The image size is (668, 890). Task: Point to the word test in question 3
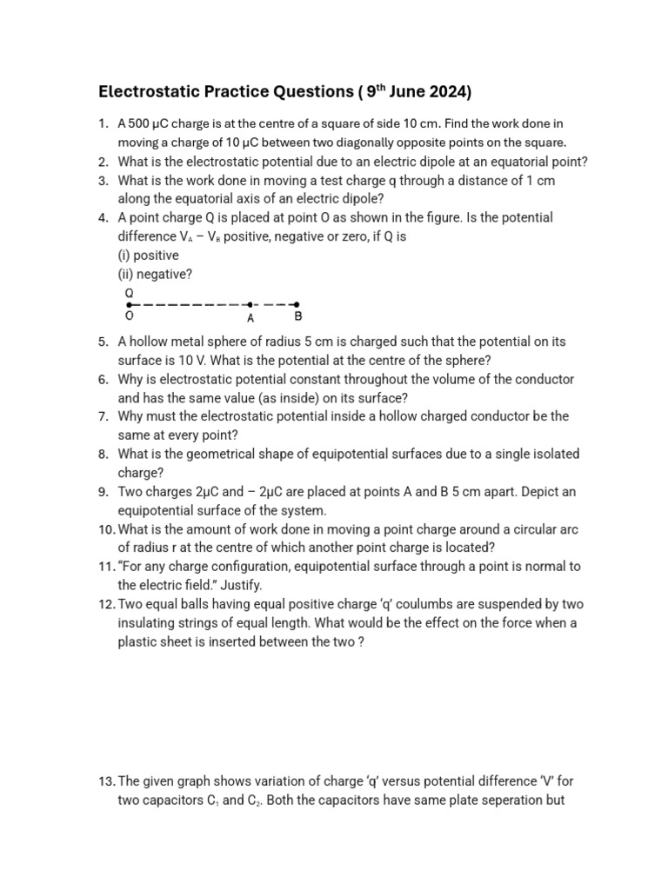(x=346, y=180)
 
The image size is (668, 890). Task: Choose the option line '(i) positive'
(x=148, y=256)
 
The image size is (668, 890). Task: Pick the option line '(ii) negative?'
(x=155, y=274)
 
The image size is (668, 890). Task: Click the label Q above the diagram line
(x=130, y=293)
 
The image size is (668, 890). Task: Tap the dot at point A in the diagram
(x=250, y=305)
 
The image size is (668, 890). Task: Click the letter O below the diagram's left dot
(x=130, y=317)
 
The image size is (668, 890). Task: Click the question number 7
(x=102, y=416)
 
